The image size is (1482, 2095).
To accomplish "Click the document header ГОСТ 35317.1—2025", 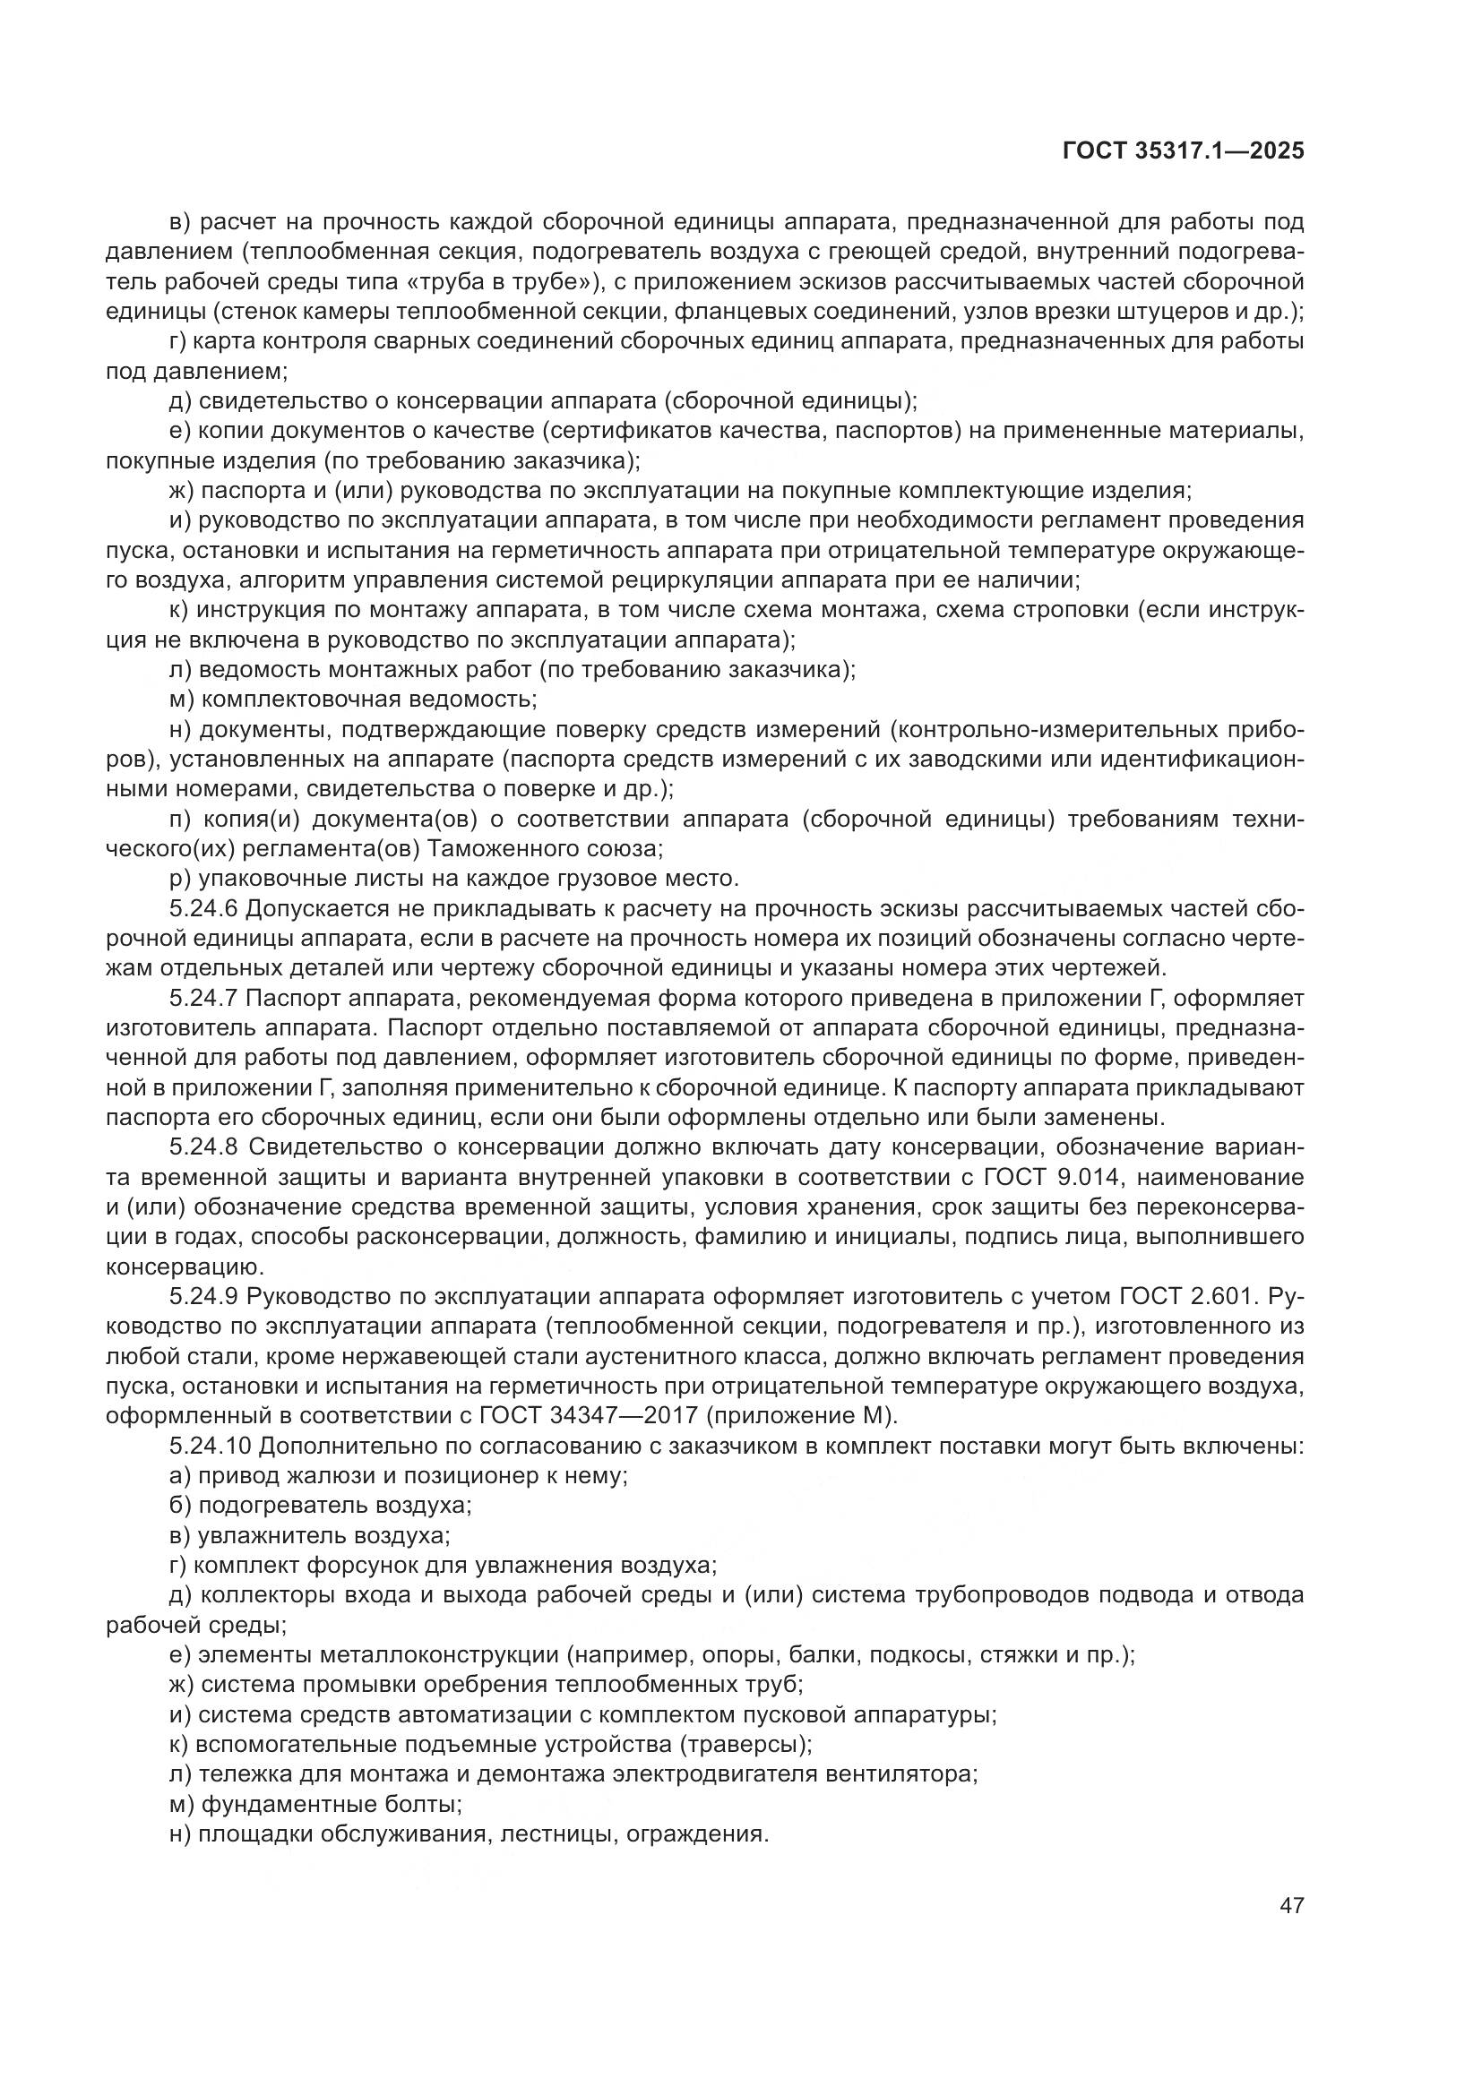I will (1184, 151).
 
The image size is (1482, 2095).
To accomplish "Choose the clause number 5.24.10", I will (209, 1446).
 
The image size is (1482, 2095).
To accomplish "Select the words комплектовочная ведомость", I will (367, 699).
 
